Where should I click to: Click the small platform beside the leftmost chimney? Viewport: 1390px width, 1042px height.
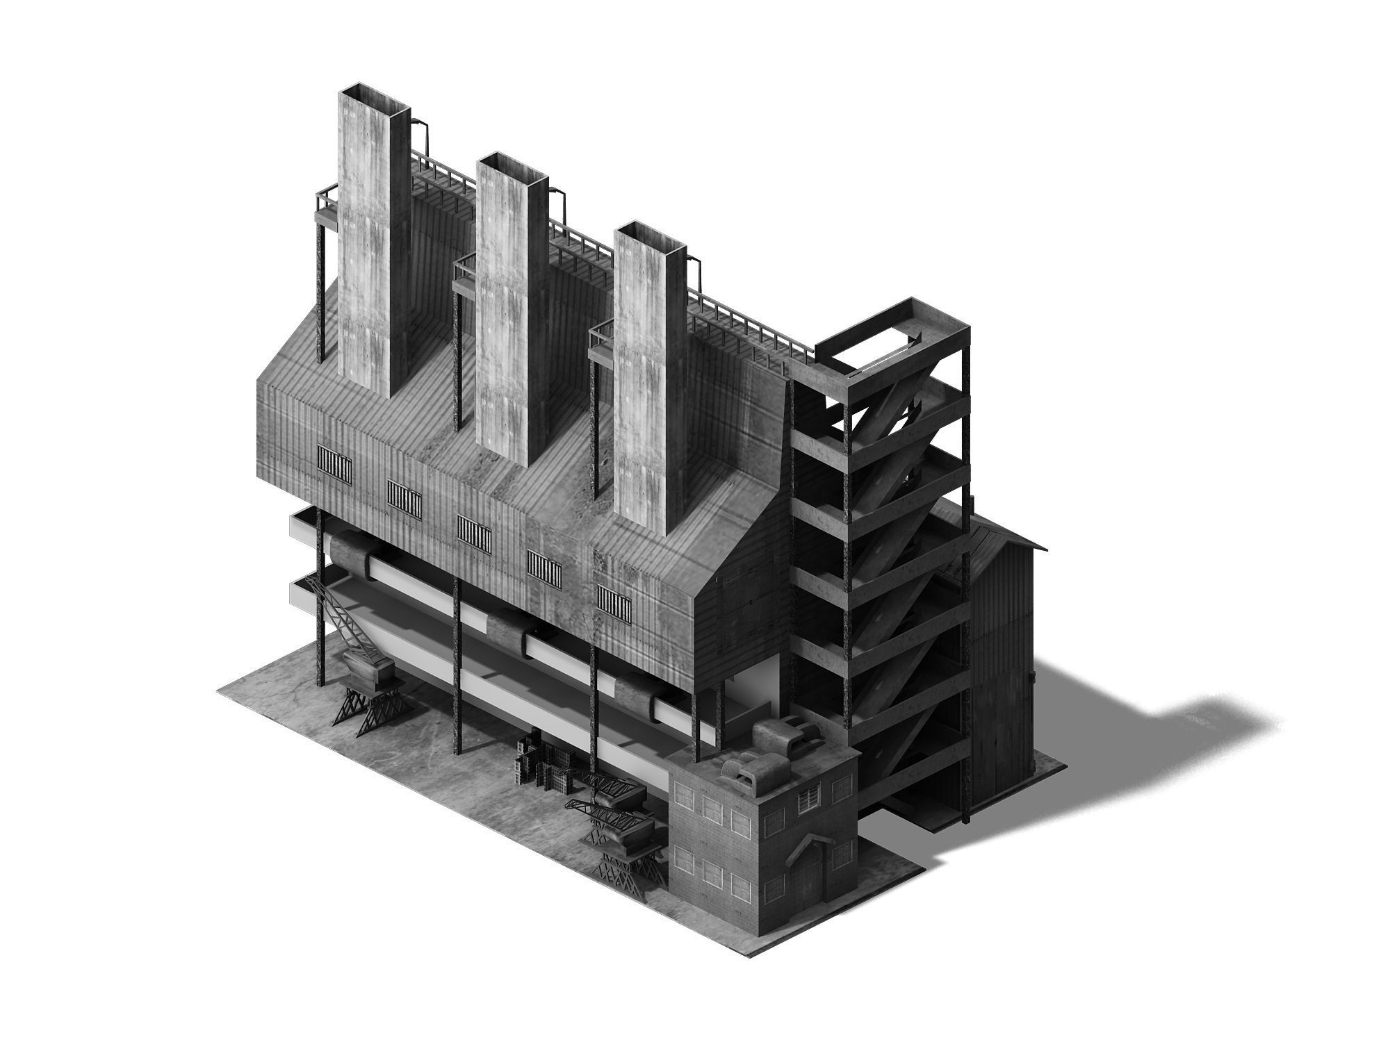(327, 206)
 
